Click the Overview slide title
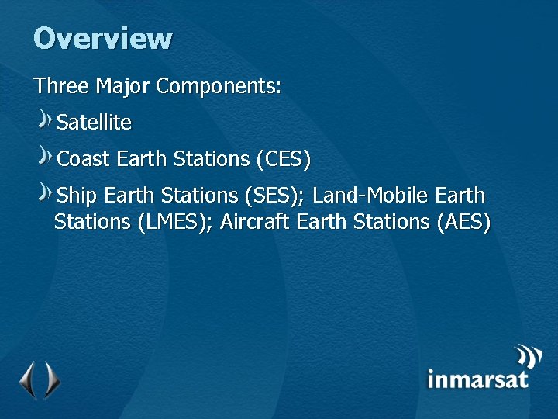click(103, 38)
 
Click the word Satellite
click(95, 123)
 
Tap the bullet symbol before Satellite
click(46, 120)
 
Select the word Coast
click(84, 160)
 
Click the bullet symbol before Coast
click(46, 157)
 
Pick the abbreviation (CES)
click(283, 160)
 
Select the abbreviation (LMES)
click(174, 222)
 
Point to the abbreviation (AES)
click(463, 222)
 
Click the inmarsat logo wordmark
click(477, 379)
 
